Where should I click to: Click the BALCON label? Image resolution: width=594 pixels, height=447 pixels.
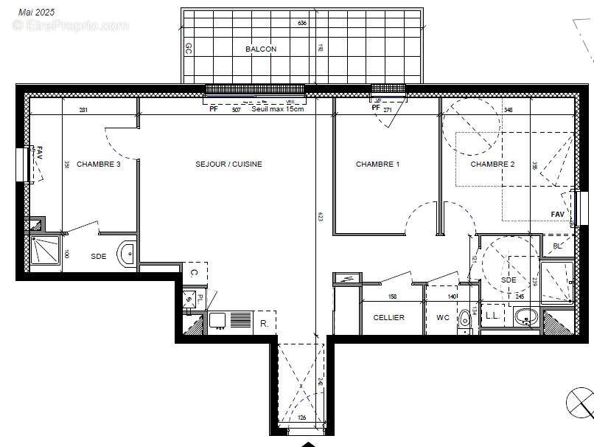click(x=261, y=49)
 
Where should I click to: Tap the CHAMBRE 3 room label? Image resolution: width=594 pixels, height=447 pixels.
click(x=98, y=164)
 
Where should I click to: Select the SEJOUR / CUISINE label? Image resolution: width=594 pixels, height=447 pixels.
click(x=228, y=164)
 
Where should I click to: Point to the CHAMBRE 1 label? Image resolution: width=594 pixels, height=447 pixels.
click(x=377, y=164)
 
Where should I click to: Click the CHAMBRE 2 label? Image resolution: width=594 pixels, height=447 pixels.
click(x=492, y=164)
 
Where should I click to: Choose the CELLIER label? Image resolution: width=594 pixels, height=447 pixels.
click(x=388, y=318)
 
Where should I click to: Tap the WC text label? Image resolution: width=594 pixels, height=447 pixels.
click(x=442, y=318)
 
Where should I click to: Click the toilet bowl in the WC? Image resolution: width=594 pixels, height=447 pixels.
click(x=464, y=319)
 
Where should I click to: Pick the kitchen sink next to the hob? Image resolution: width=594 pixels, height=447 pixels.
click(x=217, y=320)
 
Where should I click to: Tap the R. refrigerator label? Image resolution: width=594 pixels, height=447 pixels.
click(x=263, y=322)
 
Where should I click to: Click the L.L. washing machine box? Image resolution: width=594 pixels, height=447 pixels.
click(x=490, y=316)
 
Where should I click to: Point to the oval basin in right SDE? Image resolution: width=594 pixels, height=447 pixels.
click(x=525, y=318)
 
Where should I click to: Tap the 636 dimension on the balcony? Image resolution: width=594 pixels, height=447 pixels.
click(x=302, y=24)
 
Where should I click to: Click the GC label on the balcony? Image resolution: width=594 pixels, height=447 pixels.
click(x=189, y=49)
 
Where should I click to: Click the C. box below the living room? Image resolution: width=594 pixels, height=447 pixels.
click(x=194, y=272)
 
